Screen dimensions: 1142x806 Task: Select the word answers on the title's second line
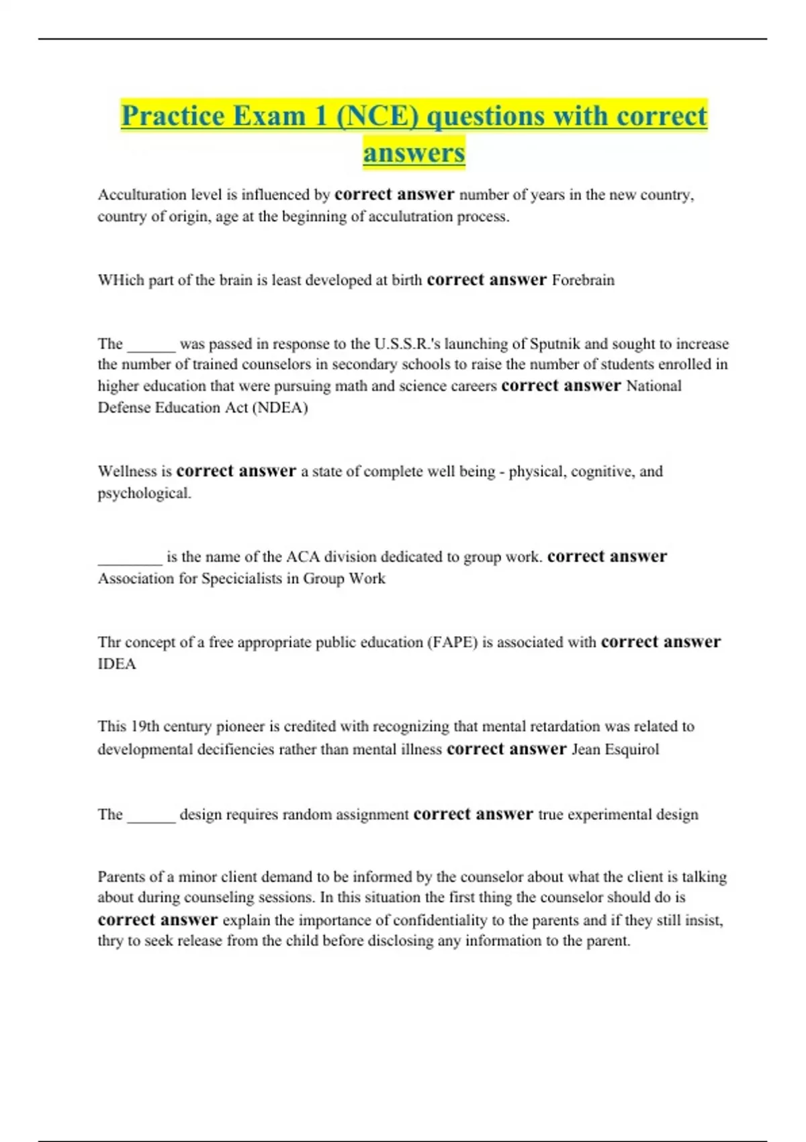coord(414,152)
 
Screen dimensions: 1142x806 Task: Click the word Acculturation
coord(142,195)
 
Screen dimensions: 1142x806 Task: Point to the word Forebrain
coord(582,280)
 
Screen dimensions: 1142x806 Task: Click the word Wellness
coord(128,472)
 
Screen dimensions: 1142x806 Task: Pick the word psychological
coord(144,493)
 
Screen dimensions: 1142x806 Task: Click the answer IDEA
coord(117,664)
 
